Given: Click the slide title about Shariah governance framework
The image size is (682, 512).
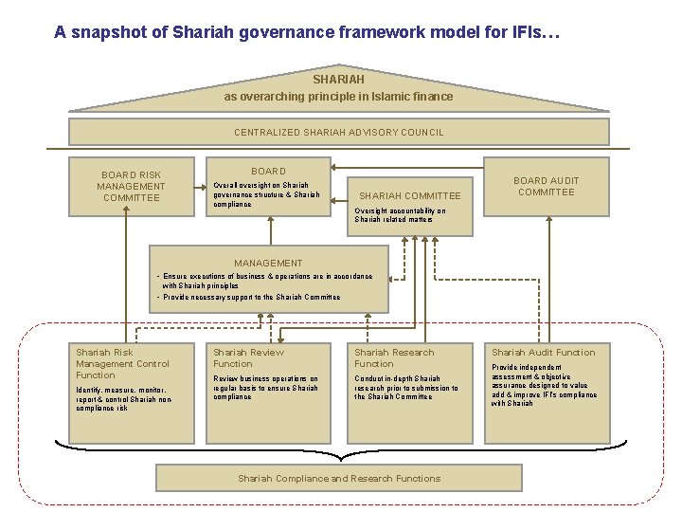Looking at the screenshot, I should [x=307, y=32].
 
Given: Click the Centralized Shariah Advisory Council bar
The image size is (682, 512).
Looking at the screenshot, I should [x=338, y=133].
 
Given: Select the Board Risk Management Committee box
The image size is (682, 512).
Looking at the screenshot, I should [x=132, y=186].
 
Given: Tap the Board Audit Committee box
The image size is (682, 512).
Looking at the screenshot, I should [x=546, y=186].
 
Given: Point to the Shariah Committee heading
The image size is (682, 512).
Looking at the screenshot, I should [x=409, y=196].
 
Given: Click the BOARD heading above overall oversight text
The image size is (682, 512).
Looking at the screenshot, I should [x=268, y=172].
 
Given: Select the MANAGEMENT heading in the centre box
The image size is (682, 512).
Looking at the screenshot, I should [x=270, y=263].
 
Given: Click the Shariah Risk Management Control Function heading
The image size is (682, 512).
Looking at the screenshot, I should [x=122, y=363].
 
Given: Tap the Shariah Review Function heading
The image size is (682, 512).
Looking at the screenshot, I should [x=248, y=357].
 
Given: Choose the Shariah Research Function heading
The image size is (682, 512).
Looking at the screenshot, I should [x=394, y=357].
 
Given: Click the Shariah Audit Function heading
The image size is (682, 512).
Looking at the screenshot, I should [x=543, y=353].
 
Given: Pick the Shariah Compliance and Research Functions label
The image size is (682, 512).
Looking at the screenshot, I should [x=338, y=479].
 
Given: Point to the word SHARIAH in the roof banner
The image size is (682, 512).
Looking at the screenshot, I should [x=338, y=80].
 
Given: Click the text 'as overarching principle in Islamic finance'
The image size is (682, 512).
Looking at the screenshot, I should [x=338, y=97].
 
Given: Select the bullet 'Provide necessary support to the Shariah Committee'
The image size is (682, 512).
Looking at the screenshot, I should [x=251, y=297].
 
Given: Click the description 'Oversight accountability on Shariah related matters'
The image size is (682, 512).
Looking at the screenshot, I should [x=400, y=215].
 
